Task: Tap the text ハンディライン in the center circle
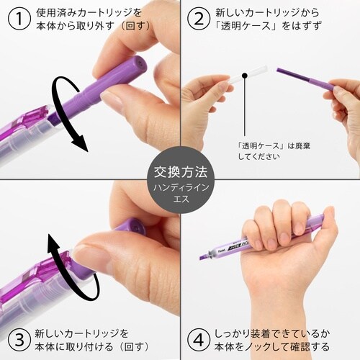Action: [x=179, y=187]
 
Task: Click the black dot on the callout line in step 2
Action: [x=244, y=73]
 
